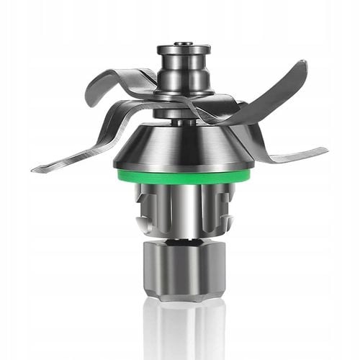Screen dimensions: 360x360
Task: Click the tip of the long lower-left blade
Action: coord(35,169)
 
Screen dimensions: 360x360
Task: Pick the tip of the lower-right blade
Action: coord(325,152)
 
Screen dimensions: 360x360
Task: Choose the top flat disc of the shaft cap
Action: coord(184,50)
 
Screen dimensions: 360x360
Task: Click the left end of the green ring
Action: coord(116,172)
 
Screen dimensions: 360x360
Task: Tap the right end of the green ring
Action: coord(248,172)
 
